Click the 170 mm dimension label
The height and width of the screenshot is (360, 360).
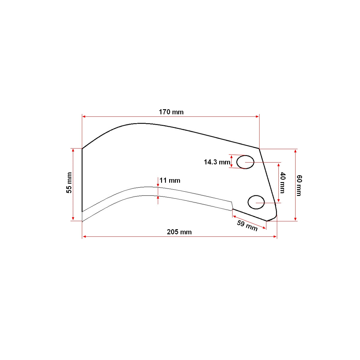click(171, 112)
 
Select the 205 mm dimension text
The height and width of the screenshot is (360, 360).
click(179, 232)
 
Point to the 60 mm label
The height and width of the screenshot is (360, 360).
click(299, 185)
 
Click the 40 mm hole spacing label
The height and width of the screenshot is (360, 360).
click(283, 182)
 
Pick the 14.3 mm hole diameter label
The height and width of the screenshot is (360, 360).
click(217, 162)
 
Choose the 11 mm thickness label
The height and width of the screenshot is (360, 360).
click(170, 180)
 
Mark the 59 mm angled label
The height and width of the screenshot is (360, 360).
click(247, 226)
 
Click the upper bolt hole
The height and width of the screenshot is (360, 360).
click(245, 162)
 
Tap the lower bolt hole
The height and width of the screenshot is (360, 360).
click(256, 202)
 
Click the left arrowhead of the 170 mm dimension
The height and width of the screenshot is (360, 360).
click(84, 116)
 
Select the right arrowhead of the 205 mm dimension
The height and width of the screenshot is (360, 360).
click(275, 237)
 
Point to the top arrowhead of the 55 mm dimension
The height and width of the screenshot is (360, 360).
click(73, 150)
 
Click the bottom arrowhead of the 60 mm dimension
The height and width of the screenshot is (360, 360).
click(295, 219)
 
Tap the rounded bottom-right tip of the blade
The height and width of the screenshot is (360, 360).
click(274, 217)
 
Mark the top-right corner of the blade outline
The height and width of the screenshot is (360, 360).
click(259, 148)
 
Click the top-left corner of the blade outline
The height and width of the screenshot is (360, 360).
click(82, 148)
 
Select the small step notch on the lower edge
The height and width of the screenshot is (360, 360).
click(232, 206)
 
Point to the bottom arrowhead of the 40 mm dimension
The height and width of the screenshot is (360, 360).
click(279, 200)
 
